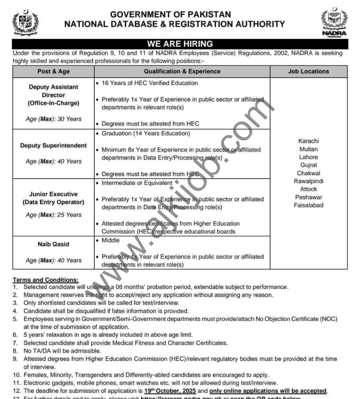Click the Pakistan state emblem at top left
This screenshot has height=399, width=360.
[25, 22]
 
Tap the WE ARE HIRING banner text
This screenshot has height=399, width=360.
[180, 44]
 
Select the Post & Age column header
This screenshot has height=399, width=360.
[54, 71]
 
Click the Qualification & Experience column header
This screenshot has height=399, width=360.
[182, 71]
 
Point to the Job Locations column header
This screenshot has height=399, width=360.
[308, 71]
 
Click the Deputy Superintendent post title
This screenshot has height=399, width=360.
[53, 146]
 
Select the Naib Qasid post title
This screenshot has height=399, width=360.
[53, 244]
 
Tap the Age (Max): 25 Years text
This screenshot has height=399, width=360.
[53, 215]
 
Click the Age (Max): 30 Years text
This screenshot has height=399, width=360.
[53, 119]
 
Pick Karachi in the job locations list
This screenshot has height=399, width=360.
[308, 141]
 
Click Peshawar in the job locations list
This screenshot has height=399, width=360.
[308, 197]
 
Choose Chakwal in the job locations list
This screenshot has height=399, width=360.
[308, 173]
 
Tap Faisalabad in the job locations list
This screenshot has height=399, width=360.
[308, 205]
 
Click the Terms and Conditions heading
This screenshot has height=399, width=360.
[46, 280]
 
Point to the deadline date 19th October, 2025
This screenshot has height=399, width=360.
[170, 391]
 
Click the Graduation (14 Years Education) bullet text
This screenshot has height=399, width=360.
[146, 134]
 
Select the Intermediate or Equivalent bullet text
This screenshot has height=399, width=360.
[137, 183]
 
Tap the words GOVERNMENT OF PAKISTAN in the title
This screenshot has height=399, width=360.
[170, 15]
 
